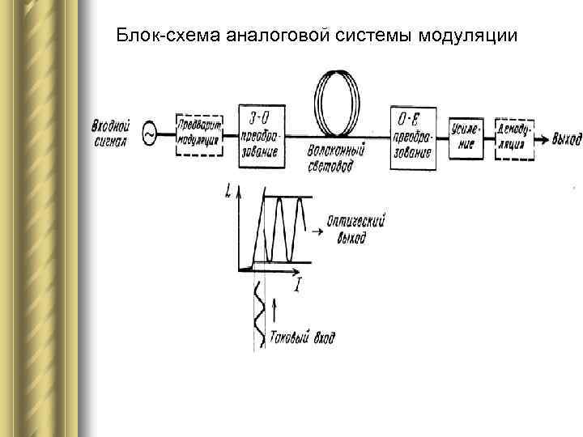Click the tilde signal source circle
pyautogui.click(x=150, y=134)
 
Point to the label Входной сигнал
pyautogui.click(x=112, y=133)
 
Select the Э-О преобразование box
pyautogui.click(x=262, y=135)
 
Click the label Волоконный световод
pyautogui.click(x=337, y=155)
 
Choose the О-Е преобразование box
pyautogui.click(x=411, y=138)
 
